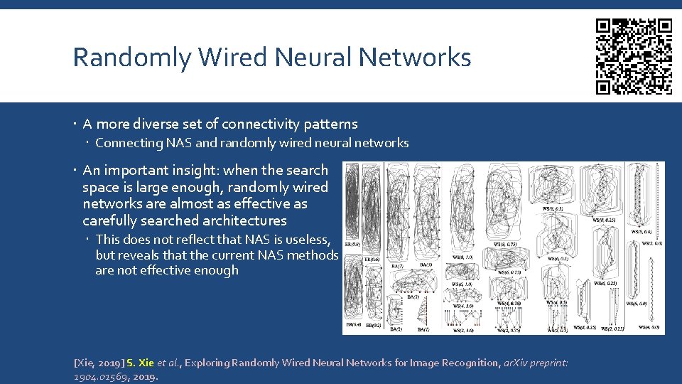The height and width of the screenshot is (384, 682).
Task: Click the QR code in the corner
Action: pos(634,56)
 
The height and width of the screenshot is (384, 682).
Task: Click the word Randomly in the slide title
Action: pos(132,57)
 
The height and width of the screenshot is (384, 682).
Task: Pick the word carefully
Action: pos(112,221)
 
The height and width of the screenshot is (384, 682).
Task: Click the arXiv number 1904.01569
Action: pos(102,376)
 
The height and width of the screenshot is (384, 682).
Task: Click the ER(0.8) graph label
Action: pos(352,244)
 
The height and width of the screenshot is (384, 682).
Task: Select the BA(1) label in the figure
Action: pos(423,329)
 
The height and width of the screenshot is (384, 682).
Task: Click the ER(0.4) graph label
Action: pos(352,325)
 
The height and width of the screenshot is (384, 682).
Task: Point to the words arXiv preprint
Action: pos(536,363)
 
